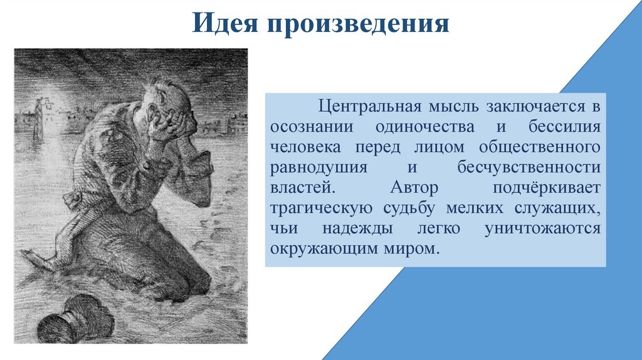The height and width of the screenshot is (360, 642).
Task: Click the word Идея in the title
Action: coord(226,24)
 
